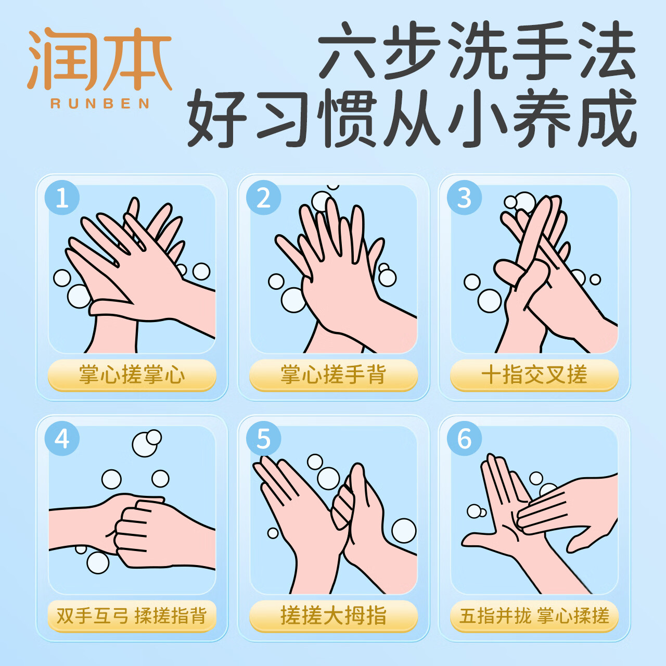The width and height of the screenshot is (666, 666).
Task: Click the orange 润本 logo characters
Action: (x=99, y=58)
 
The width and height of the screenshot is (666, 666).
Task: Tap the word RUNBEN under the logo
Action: (x=100, y=104)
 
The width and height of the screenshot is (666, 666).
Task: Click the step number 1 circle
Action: (x=62, y=198)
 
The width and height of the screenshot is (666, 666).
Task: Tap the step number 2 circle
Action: (x=263, y=198)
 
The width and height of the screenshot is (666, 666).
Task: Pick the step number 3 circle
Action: (x=464, y=198)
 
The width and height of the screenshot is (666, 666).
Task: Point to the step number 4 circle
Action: (x=62, y=439)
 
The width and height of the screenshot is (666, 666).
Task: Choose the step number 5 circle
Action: (x=263, y=439)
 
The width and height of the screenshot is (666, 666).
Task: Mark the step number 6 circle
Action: (x=464, y=439)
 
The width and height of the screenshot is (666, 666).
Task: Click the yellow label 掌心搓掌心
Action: (x=132, y=375)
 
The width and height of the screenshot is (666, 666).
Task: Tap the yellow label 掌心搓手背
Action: (x=333, y=375)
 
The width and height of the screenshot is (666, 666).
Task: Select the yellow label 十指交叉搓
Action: (x=534, y=375)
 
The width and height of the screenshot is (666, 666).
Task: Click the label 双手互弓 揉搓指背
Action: (x=132, y=616)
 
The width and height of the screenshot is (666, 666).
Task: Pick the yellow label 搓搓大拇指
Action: (x=333, y=616)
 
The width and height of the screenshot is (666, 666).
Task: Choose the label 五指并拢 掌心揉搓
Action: (x=534, y=616)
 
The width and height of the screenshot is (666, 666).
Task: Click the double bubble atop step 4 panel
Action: (x=147, y=443)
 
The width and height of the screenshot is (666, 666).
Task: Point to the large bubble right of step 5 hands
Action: (x=404, y=531)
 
